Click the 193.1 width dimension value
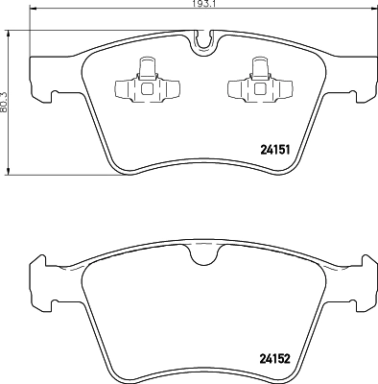click(x=199, y=5)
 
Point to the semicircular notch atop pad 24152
click(x=201, y=253)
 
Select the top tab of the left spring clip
click(x=147, y=65)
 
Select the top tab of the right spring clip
click(x=258, y=65)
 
